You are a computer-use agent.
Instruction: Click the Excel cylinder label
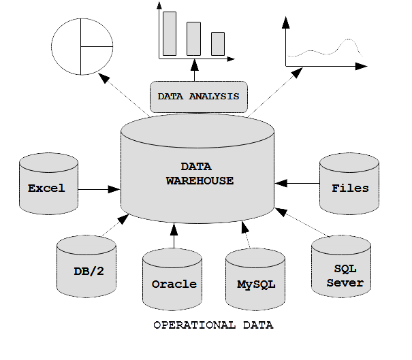click(46, 188)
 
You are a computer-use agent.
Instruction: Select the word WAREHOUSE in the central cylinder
click(200, 180)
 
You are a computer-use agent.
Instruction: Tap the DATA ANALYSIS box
click(199, 97)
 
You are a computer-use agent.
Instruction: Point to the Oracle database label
click(174, 284)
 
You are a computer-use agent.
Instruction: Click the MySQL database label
click(256, 284)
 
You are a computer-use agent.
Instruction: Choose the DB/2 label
click(89, 272)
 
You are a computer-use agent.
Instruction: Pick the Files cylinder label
click(350, 188)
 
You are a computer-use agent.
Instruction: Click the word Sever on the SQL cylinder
click(345, 283)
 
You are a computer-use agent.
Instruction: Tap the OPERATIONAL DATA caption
click(213, 325)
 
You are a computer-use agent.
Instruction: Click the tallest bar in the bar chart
click(170, 33)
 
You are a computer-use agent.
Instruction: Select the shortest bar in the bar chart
click(218, 44)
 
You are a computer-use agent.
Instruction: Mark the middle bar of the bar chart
click(193, 39)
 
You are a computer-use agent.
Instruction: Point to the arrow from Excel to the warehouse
click(99, 189)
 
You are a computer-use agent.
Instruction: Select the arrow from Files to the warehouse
click(297, 183)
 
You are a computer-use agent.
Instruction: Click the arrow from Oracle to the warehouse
click(174, 235)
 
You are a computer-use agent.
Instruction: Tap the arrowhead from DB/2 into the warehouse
click(123, 218)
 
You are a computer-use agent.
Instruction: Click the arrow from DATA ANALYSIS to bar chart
click(195, 70)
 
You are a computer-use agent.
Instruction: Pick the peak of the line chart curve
click(349, 39)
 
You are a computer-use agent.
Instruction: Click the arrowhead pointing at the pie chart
click(104, 78)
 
